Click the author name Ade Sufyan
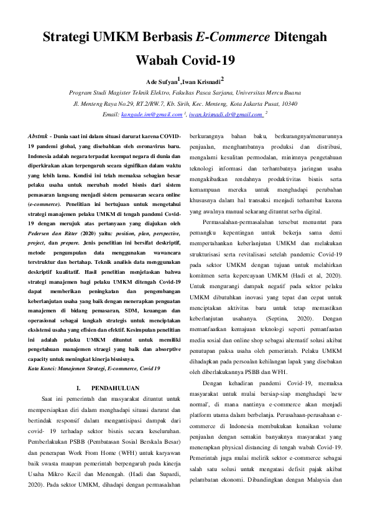(161, 82)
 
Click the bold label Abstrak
(40, 136)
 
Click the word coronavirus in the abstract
(147, 145)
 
